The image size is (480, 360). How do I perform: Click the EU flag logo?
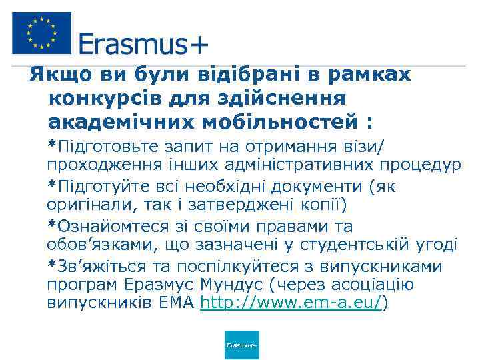pyautogui.click(x=41, y=33)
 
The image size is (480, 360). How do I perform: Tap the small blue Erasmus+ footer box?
pyautogui.click(x=242, y=345)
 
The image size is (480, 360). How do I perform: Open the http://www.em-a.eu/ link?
pyautogui.click(x=292, y=303)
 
